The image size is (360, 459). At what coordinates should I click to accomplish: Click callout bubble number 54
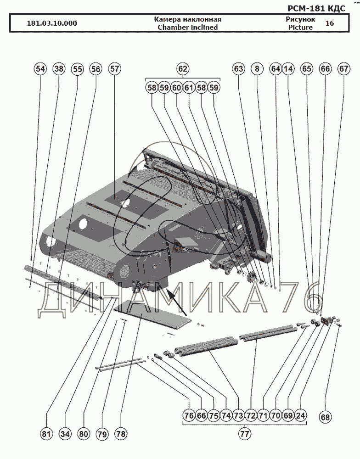pos(40,69)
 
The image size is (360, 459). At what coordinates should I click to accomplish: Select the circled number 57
pos(114,69)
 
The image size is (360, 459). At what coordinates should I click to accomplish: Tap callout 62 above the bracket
pos(183,69)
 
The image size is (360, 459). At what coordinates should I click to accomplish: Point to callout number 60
pos(177,87)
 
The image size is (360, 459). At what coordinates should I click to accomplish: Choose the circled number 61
pos(189,87)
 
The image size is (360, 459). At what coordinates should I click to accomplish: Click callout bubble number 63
pos(238,69)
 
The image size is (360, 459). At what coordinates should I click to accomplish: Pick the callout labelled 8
pos(257,69)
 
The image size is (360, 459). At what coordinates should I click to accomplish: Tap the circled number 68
pos(325,417)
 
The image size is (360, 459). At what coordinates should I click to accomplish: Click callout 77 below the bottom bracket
pos(244,433)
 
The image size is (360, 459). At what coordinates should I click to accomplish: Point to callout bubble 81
pos(46,433)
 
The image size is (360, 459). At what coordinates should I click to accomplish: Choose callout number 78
pos(121,433)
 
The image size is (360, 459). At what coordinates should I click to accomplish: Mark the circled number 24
pos(300,416)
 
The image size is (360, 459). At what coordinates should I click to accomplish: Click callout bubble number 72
pos(250,416)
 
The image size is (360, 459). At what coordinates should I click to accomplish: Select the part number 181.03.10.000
pos(52,23)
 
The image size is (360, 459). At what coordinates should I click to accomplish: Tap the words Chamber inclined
pos(187,27)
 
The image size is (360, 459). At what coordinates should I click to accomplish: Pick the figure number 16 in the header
pos(330,23)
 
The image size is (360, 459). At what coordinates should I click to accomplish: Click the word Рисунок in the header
pos(300,19)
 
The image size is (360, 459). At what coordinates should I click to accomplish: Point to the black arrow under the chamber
pos(177,302)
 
